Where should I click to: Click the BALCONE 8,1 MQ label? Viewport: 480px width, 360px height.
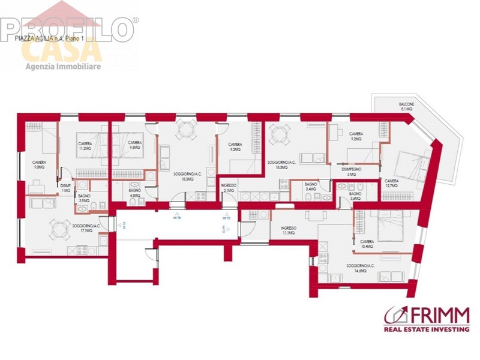[406, 107]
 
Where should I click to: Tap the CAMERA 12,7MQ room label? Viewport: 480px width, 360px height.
[391, 183]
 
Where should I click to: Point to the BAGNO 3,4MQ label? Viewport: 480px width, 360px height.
[311, 186]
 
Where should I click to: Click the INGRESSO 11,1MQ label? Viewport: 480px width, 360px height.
[288, 230]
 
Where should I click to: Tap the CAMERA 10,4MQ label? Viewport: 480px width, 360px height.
[368, 244]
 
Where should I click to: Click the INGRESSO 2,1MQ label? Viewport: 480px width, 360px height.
[229, 188]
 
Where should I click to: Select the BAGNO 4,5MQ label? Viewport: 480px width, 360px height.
[135, 193]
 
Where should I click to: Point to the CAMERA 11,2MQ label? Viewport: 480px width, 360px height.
[83, 146]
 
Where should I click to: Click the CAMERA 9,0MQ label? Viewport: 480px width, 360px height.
[39, 165]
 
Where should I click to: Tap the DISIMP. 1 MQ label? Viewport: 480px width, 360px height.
[66, 188]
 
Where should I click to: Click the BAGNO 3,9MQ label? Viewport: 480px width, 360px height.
[83, 198]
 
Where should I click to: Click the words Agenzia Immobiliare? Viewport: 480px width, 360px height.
[63, 66]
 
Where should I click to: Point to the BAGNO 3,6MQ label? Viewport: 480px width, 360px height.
[355, 196]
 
